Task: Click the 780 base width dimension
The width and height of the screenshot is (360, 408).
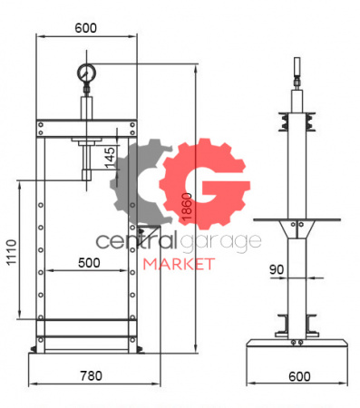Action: pos(91,375)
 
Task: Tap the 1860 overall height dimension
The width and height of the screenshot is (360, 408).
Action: pos(188,207)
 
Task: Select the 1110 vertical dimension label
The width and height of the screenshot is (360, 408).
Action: pos(12,253)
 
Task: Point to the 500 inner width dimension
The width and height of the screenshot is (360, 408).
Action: pos(89,263)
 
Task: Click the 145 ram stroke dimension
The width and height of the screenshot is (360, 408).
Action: pos(110,158)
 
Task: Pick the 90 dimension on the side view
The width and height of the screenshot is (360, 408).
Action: pos(277,269)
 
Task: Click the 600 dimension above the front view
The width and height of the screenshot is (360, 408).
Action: pos(86,28)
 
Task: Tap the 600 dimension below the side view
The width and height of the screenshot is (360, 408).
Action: pos(299,376)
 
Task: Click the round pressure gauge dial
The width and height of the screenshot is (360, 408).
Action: pos(86,73)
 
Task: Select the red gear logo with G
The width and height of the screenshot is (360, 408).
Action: pos(205,183)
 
